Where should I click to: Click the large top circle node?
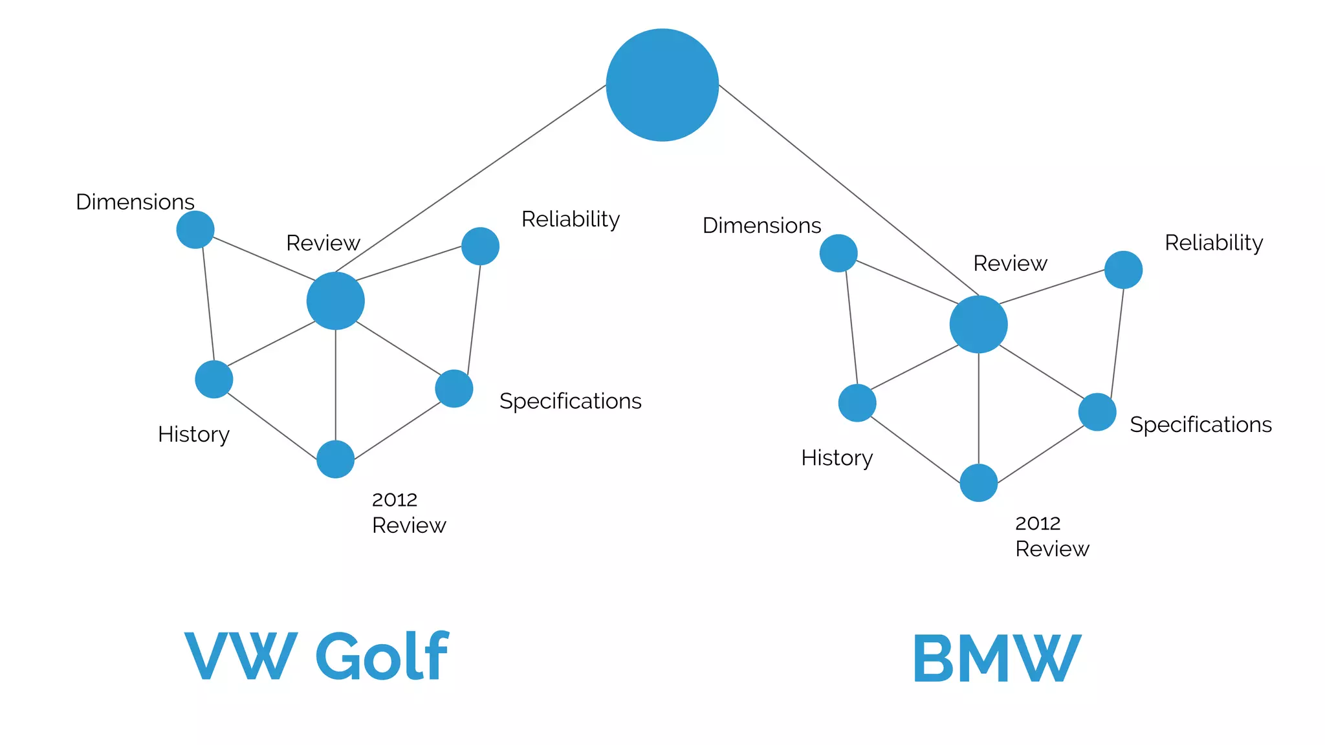point(662,85)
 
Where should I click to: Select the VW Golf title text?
point(316,656)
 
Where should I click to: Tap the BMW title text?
point(996,658)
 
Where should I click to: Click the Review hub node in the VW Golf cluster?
point(335,301)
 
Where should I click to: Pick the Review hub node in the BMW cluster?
point(978,324)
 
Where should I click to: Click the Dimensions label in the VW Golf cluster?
point(135,202)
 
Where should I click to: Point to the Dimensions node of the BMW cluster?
point(838,253)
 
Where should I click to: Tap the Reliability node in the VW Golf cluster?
point(480,246)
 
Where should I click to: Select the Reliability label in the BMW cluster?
point(1214,243)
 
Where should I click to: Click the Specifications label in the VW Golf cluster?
point(570,401)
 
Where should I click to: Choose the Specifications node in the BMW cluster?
point(1097,412)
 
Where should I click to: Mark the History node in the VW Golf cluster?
point(214,379)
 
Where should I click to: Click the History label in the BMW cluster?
point(837,458)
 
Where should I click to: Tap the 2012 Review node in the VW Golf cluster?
point(335,459)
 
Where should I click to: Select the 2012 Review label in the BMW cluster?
point(1051,536)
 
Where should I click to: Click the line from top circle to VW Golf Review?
point(470,178)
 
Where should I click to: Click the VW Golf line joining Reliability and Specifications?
point(474,317)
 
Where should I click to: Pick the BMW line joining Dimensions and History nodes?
point(851,327)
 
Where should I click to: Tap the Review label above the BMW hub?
point(1009,263)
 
